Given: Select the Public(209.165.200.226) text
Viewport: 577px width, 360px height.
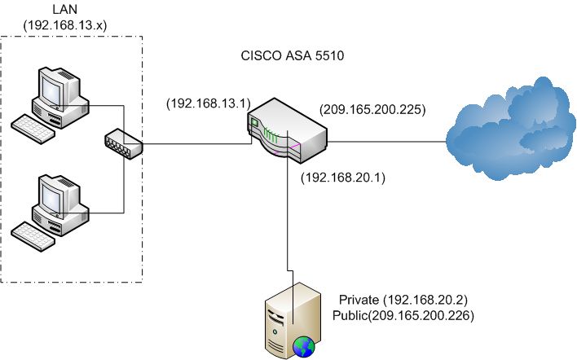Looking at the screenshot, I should click(403, 314).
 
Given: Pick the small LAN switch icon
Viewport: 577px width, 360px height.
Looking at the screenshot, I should click(123, 145).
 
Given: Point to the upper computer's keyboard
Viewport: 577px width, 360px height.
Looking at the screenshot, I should click(37, 129).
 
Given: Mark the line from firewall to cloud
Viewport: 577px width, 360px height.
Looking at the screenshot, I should click(387, 141).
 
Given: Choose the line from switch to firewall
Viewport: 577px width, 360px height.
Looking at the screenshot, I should click(196, 144).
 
